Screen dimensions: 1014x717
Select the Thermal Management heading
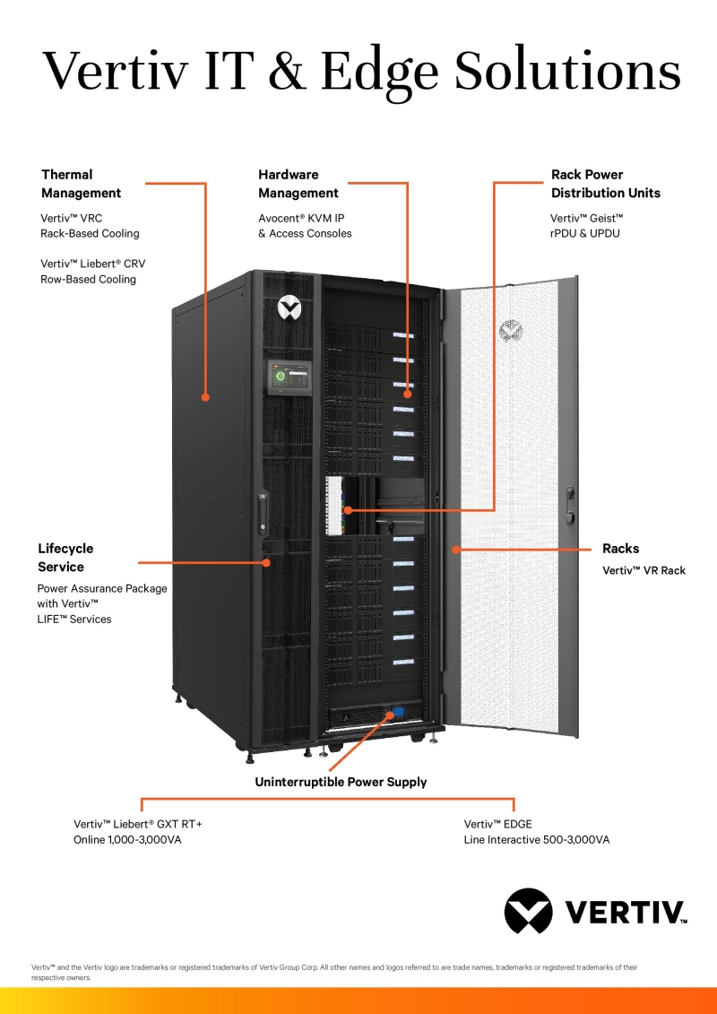pos(81,184)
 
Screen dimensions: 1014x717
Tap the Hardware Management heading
pos(298,184)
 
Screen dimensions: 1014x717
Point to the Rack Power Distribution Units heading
pos(605,184)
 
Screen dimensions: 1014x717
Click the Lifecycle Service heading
pos(65,558)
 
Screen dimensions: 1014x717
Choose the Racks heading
pos(620,549)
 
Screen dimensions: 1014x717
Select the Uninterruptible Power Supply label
pos(341,782)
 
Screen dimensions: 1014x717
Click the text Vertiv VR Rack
pos(644,570)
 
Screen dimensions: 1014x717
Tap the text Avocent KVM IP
pos(300,217)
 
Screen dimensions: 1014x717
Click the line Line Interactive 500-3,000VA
pos(536,840)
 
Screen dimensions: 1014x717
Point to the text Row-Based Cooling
pos(88,279)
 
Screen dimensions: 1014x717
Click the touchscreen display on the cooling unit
pos(289,377)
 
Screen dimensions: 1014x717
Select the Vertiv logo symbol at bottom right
pos(528,911)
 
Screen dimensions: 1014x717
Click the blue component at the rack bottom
pos(396,715)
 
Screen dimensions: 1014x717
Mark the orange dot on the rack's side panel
pos(205,395)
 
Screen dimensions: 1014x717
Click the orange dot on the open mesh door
pos(455,548)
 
